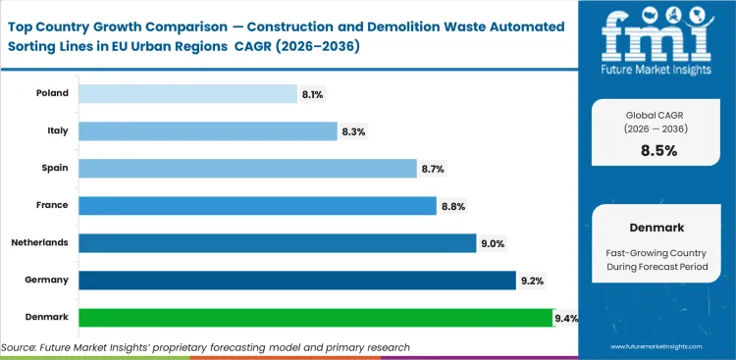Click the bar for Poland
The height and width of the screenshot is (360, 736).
pyautogui.click(x=187, y=93)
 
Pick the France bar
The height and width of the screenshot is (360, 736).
pyautogui.click(x=257, y=205)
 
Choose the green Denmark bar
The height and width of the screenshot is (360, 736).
pyautogui.click(x=316, y=317)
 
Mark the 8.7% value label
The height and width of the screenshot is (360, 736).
pyautogui.click(x=433, y=169)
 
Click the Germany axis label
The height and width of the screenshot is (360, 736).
pyautogui.click(x=47, y=280)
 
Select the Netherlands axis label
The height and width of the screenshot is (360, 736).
pyautogui.click(x=40, y=242)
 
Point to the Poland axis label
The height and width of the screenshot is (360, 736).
pyautogui.click(x=52, y=93)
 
